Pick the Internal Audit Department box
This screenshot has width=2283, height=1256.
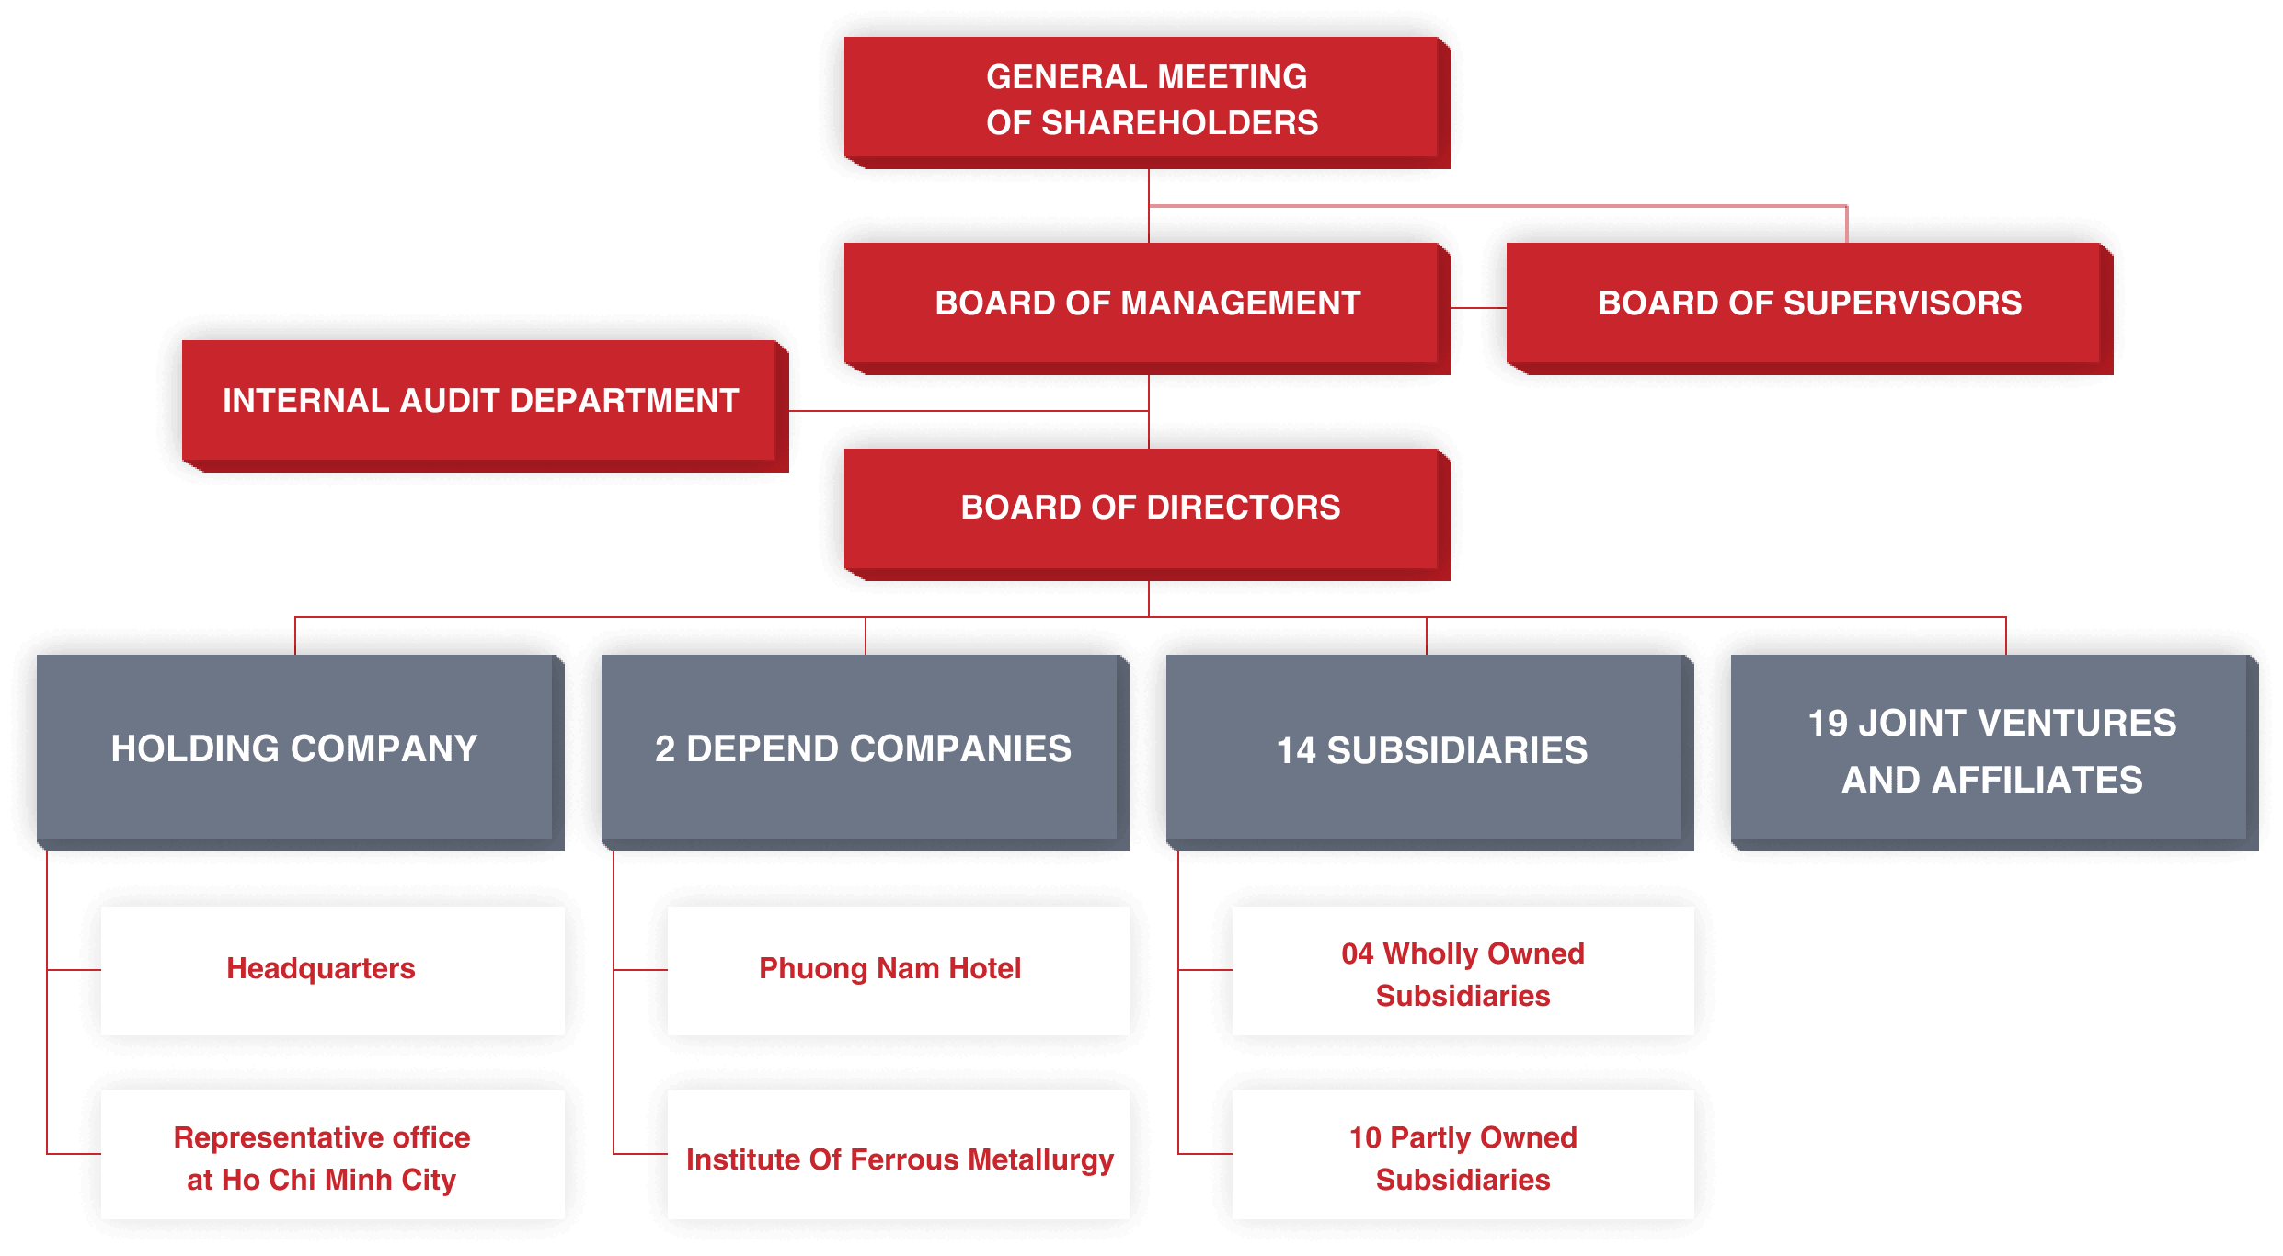click(481, 402)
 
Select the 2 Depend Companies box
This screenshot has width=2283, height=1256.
click(863, 748)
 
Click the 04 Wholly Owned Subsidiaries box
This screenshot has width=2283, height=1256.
click(1463, 972)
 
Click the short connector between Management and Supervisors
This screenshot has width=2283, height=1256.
click(1478, 308)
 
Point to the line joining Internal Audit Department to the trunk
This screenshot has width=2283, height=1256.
click(966, 411)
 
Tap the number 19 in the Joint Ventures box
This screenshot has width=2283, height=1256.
click(1828, 724)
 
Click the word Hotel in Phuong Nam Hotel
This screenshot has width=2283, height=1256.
click(984, 968)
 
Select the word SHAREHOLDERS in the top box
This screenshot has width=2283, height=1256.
click(1179, 123)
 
